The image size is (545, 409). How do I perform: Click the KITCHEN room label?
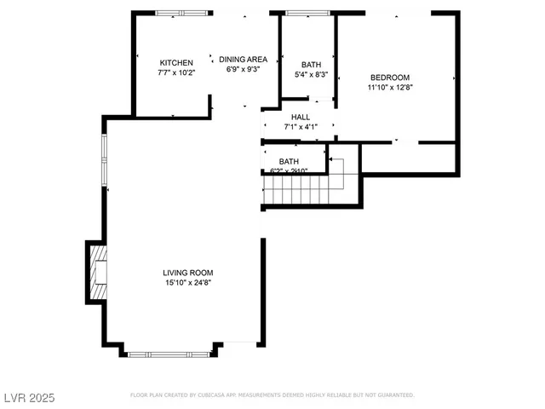(176, 63)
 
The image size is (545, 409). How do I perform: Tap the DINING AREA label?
(243, 59)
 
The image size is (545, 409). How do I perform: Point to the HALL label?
(300, 118)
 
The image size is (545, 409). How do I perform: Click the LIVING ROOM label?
(187, 273)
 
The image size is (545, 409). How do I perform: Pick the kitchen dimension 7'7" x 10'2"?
(176, 73)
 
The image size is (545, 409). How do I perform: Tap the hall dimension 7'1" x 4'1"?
(300, 127)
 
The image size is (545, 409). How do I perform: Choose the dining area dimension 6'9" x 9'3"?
(243, 69)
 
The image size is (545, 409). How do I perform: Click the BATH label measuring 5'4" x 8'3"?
(311, 65)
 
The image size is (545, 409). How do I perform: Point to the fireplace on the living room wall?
(96, 273)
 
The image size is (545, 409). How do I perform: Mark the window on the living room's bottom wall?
(168, 353)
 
